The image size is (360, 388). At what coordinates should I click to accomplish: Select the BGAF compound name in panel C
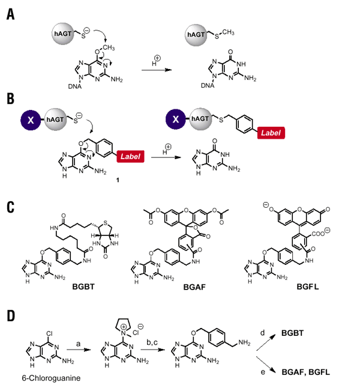pyautogui.click(x=197, y=287)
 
